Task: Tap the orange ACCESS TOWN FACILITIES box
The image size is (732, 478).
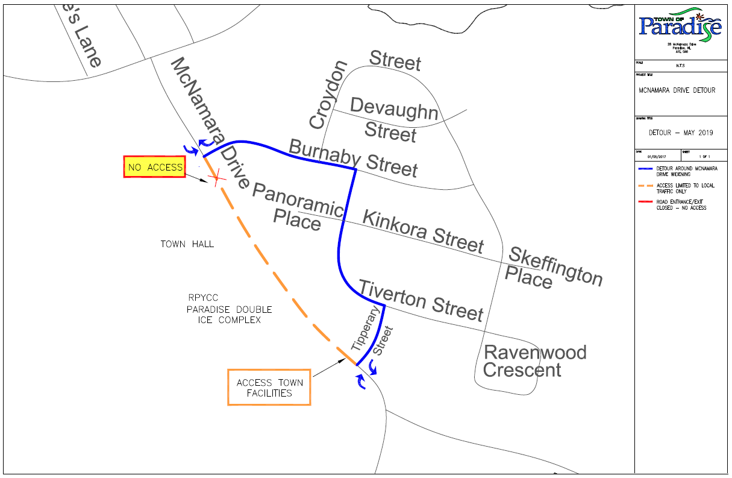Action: coord(269,387)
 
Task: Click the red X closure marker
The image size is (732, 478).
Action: coord(215,178)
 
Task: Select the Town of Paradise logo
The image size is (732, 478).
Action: coord(680,25)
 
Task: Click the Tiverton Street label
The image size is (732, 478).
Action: coord(421,300)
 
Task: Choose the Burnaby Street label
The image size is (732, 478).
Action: coord(353,158)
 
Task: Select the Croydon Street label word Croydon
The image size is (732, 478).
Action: coord(328,95)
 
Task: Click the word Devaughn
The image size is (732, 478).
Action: coord(394,109)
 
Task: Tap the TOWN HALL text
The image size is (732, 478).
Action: coord(187,244)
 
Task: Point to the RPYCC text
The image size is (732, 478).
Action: coord(202,297)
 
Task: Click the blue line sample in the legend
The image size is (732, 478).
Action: coord(646,169)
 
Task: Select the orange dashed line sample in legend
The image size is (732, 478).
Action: coord(646,185)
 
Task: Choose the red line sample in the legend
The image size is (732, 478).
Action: coord(646,202)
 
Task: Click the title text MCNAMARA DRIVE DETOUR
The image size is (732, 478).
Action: coord(677,90)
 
